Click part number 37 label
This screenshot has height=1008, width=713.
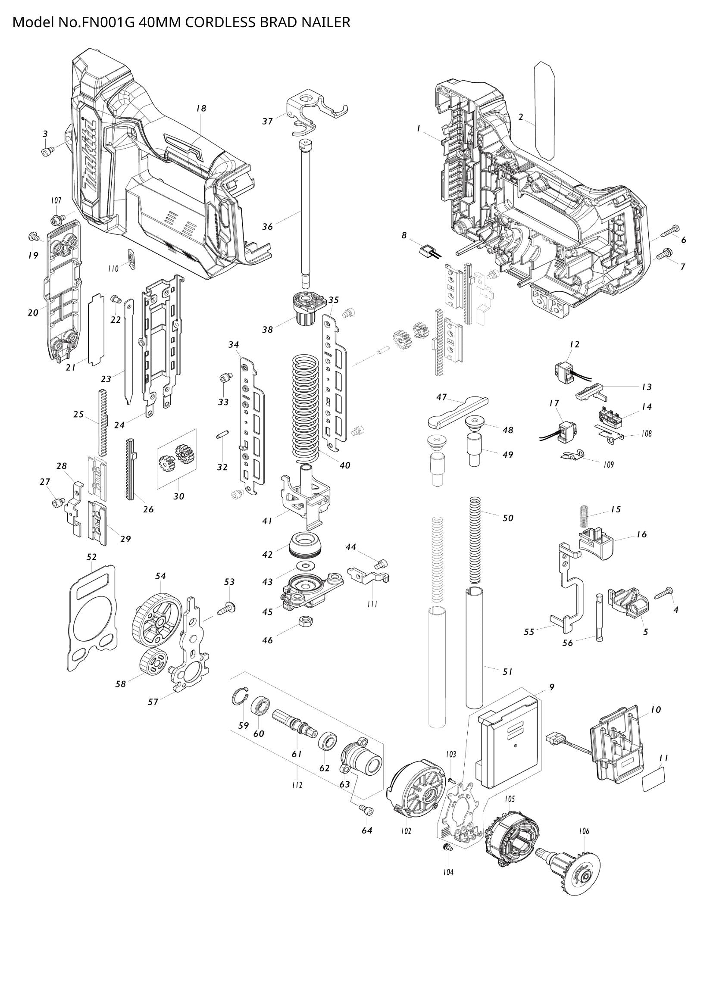coord(268,121)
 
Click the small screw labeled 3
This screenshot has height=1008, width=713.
coord(47,151)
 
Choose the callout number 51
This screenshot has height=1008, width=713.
coord(507,672)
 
